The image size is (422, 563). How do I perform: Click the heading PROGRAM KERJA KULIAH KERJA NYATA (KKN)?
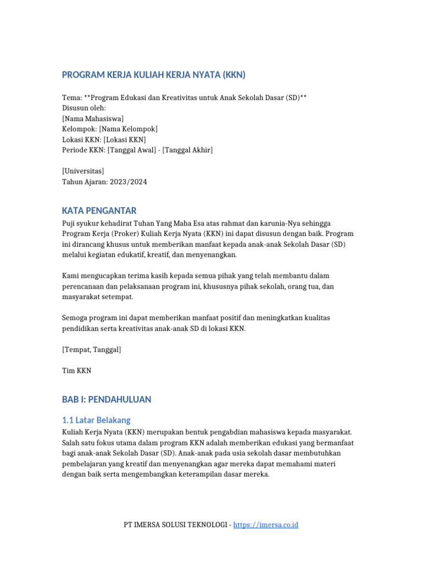153,75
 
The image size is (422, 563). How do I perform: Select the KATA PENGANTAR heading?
99,211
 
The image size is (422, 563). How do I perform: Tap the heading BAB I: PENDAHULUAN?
107,400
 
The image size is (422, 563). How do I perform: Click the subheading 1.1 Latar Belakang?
96,420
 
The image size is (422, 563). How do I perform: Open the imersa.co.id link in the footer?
265,525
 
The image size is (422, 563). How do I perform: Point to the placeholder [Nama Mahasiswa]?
93,118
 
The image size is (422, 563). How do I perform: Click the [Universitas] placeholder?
83,171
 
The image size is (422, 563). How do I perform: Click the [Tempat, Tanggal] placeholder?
92,349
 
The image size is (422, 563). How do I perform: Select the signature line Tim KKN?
77,371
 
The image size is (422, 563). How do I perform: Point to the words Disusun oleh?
84,108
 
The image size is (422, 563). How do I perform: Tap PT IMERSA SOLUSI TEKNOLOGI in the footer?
176,525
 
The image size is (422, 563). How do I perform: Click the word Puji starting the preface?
69,223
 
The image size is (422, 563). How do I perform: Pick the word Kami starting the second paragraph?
70,275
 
